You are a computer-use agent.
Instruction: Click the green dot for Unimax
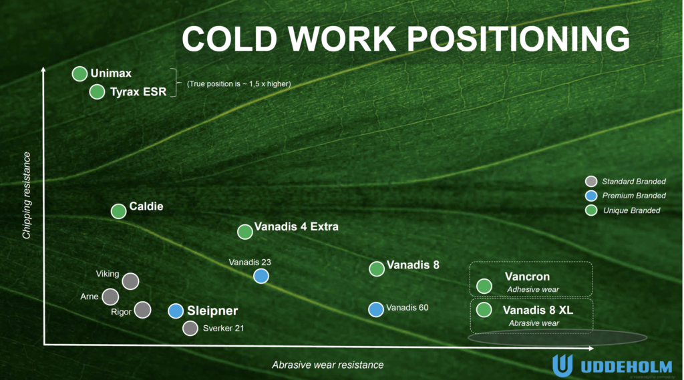pyautogui.click(x=80, y=73)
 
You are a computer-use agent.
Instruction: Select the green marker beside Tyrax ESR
pyautogui.click(x=97, y=92)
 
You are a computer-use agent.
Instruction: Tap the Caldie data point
pyautogui.click(x=119, y=211)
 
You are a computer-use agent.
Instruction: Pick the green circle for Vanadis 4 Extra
pyautogui.click(x=245, y=232)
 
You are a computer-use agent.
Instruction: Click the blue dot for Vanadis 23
pyautogui.click(x=261, y=276)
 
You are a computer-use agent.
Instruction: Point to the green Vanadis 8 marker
pyautogui.click(x=377, y=268)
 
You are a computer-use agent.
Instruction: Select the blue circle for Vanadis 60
pyautogui.click(x=376, y=309)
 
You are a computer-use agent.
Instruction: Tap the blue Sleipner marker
pyautogui.click(x=176, y=311)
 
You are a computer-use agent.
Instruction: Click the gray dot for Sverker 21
pyautogui.click(x=190, y=329)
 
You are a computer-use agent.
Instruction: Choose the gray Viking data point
pyautogui.click(x=130, y=281)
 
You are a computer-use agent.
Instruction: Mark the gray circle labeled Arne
pyautogui.click(x=110, y=297)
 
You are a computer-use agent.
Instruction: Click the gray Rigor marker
pyautogui.click(x=143, y=310)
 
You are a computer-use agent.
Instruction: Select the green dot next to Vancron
pyautogui.click(x=484, y=287)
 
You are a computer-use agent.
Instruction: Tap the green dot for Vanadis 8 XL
pyautogui.click(x=484, y=310)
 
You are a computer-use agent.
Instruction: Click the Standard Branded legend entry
pyautogui.click(x=625, y=182)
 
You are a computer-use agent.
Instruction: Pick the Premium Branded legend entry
pyautogui.click(x=625, y=196)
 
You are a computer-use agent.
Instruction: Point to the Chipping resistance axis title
pyautogui.click(x=27, y=196)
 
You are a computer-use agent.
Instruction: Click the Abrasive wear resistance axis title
pyautogui.click(x=327, y=365)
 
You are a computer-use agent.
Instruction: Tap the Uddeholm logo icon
pyautogui.click(x=562, y=365)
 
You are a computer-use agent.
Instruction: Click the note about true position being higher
pyautogui.click(x=238, y=83)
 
